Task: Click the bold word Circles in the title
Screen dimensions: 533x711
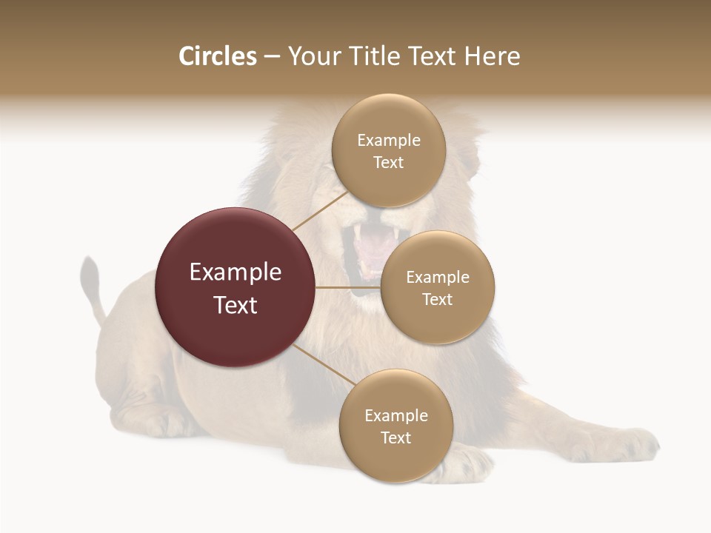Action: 217,56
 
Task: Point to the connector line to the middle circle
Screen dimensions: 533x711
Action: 347,287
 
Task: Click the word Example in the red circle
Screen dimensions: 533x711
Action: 236,272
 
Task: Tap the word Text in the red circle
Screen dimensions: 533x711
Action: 236,305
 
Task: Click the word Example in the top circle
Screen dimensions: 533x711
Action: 389,141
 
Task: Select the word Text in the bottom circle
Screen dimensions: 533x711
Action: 395,438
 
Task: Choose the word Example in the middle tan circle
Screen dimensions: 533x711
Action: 438,278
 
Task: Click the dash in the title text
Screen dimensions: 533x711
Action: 272,57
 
